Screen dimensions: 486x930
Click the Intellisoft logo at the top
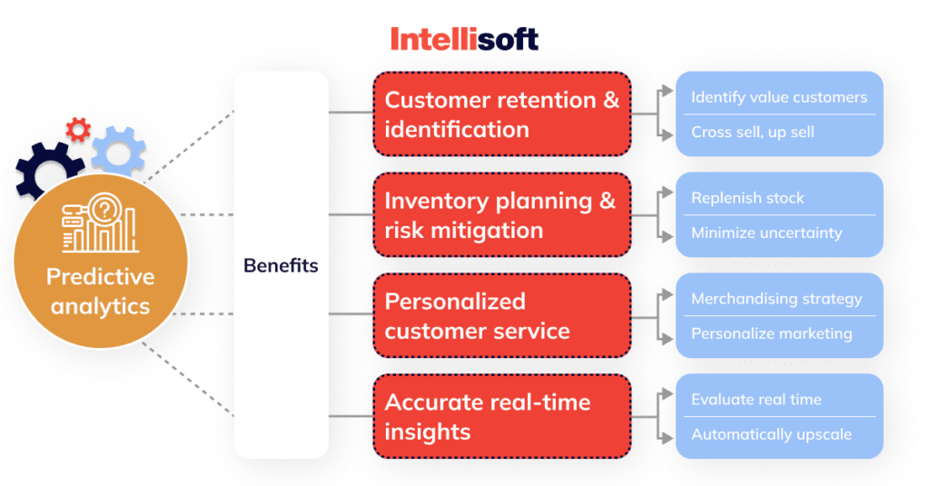click(464, 39)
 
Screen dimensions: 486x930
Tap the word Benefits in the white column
click(281, 266)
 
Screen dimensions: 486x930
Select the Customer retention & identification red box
click(502, 114)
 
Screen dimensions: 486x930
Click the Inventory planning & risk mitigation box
click(502, 214)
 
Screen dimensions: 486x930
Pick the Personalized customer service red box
click(502, 315)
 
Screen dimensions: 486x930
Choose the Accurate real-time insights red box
click(502, 416)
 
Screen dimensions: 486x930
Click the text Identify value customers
click(778, 97)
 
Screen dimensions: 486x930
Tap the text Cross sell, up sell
click(752, 132)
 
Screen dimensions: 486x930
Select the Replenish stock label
click(747, 198)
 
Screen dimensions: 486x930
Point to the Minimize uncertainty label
click(766, 233)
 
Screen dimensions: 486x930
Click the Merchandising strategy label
click(776, 299)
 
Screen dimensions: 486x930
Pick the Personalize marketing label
click(771, 333)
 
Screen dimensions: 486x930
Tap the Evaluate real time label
click(756, 400)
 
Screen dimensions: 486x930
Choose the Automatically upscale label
click(771, 434)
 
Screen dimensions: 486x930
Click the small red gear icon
click(79, 129)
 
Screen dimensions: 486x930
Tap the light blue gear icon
click(118, 151)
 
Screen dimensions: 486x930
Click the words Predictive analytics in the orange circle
click(101, 291)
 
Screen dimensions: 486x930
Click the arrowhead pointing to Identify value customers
click(668, 94)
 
